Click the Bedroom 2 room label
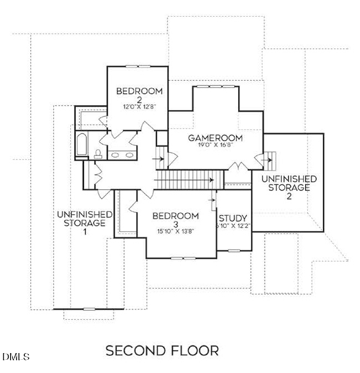(139, 95)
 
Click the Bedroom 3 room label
(175, 220)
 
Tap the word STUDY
(233, 218)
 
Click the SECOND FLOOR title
(162, 350)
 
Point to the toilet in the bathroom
(97, 153)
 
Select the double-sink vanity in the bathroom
(119, 154)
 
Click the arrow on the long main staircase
(210, 179)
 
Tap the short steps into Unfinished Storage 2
(270, 161)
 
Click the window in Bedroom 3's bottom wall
(185, 258)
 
